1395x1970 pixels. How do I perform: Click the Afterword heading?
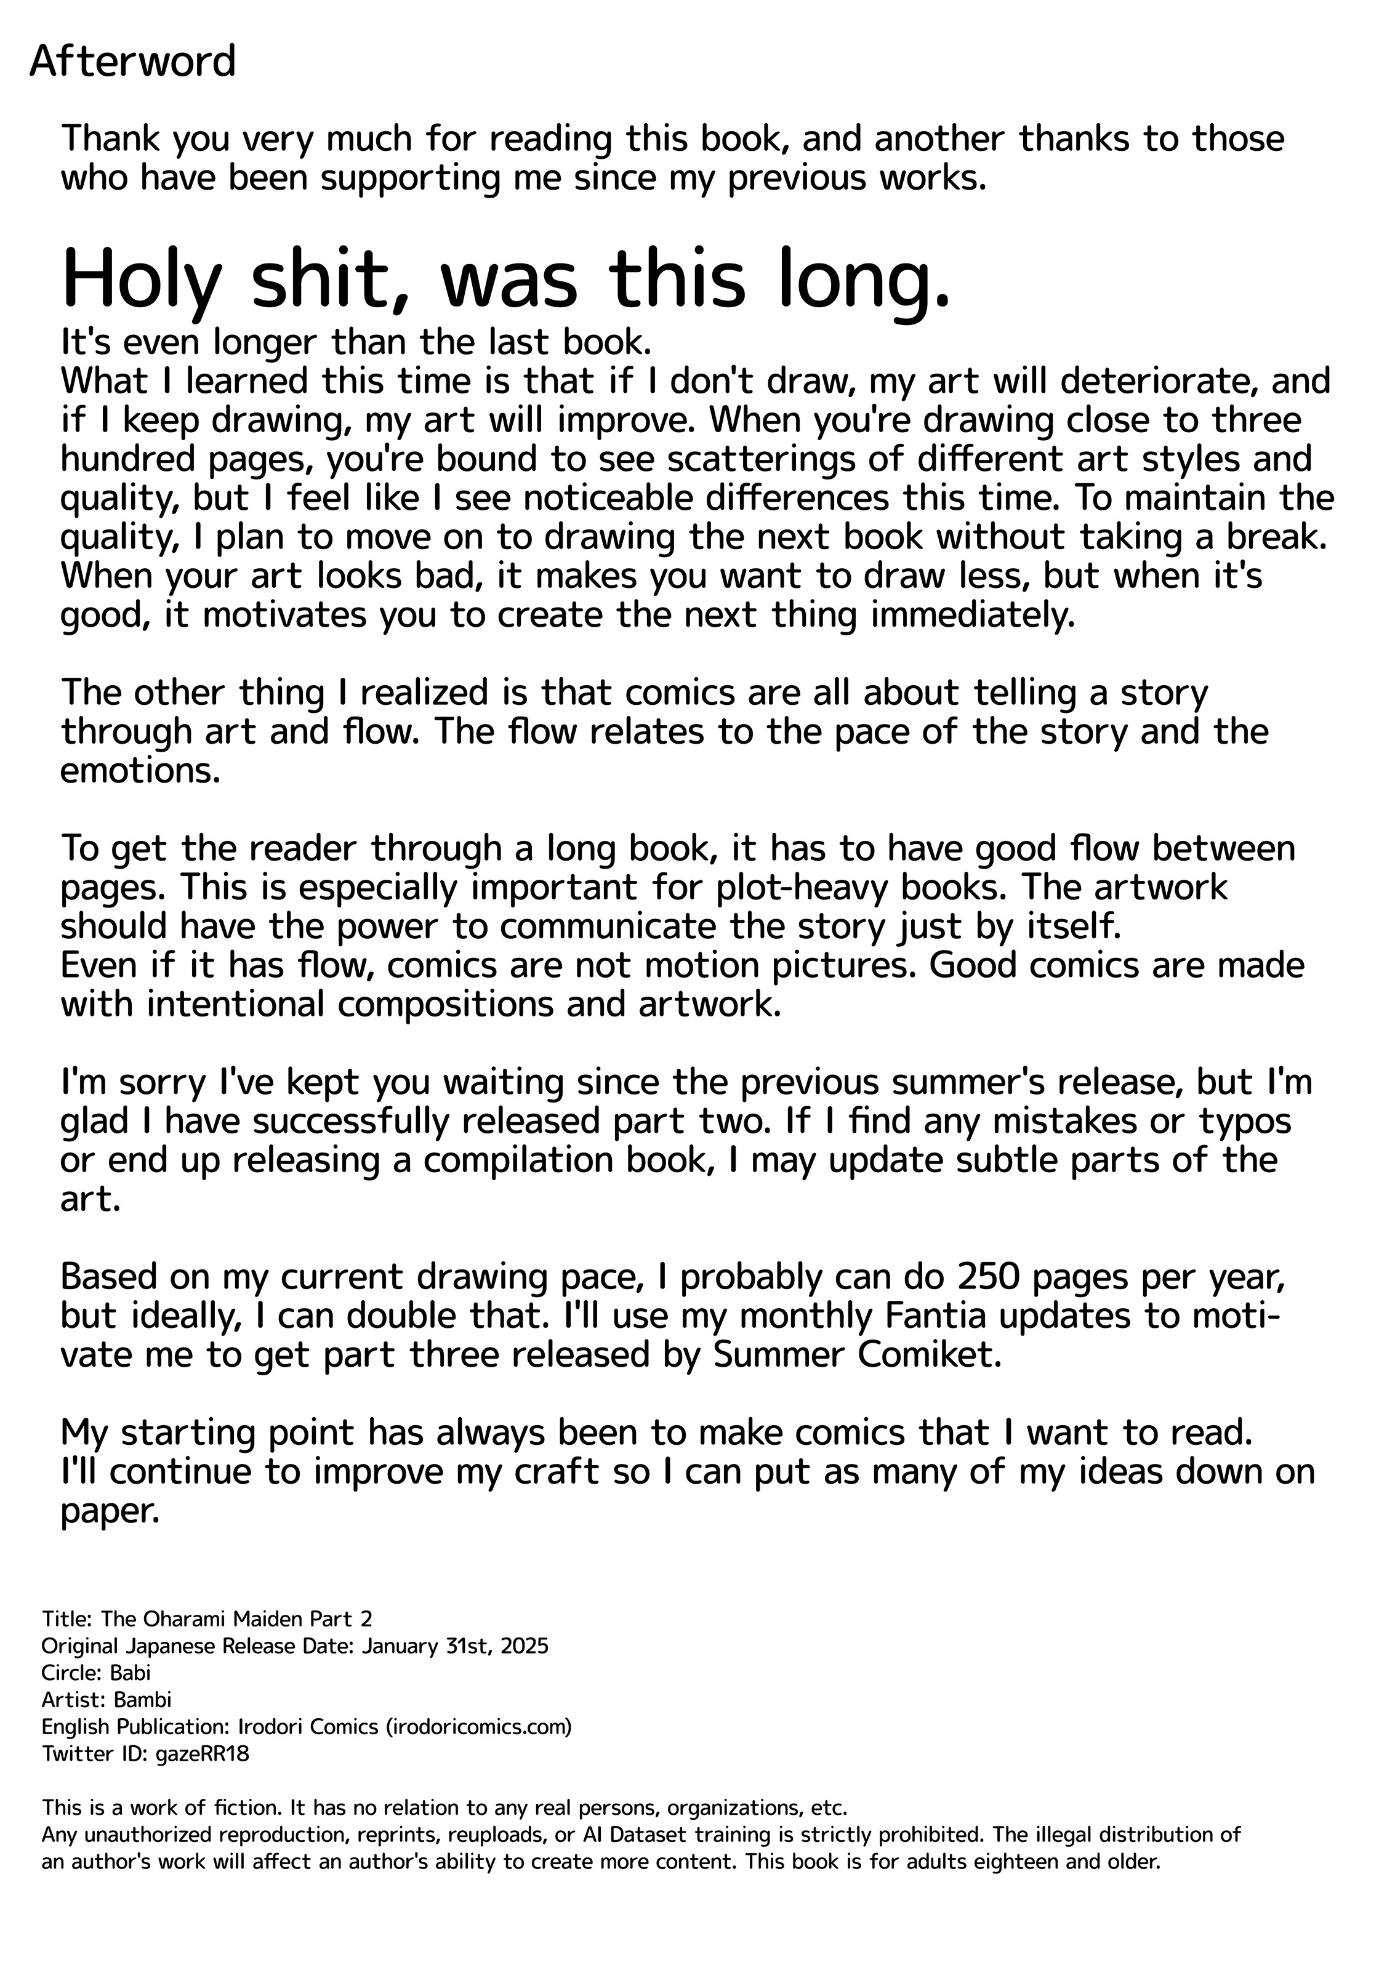coord(132,62)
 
